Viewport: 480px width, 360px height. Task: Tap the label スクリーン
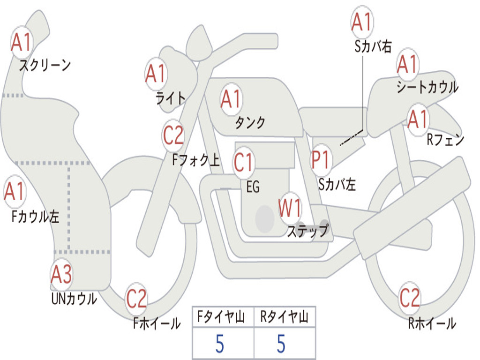pyautogui.click(x=45, y=65)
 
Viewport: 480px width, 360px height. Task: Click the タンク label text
pyautogui.click(x=250, y=122)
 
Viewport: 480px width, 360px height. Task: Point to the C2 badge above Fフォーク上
pyautogui.click(x=173, y=135)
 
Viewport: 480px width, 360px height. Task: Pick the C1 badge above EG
pyautogui.click(x=244, y=162)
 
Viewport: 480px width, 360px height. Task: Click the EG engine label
pyautogui.click(x=253, y=187)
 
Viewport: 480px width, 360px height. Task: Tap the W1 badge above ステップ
pyautogui.click(x=290, y=209)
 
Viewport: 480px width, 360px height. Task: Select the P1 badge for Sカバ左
pyautogui.click(x=322, y=159)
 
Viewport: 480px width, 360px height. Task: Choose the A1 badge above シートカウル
pyautogui.click(x=407, y=65)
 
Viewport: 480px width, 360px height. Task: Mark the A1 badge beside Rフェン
pyautogui.click(x=418, y=120)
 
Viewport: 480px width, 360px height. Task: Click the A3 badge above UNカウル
pyautogui.click(x=61, y=275)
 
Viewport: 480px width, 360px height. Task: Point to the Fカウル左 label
pyautogui.click(x=36, y=217)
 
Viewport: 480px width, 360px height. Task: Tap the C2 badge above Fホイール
pyautogui.click(x=136, y=299)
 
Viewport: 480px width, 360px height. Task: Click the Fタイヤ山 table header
pyautogui.click(x=223, y=318)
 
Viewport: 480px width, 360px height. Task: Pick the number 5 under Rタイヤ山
pyautogui.click(x=281, y=344)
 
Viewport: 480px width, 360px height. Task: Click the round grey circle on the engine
pyautogui.click(x=264, y=218)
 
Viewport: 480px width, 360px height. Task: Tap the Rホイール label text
pyautogui.click(x=432, y=323)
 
